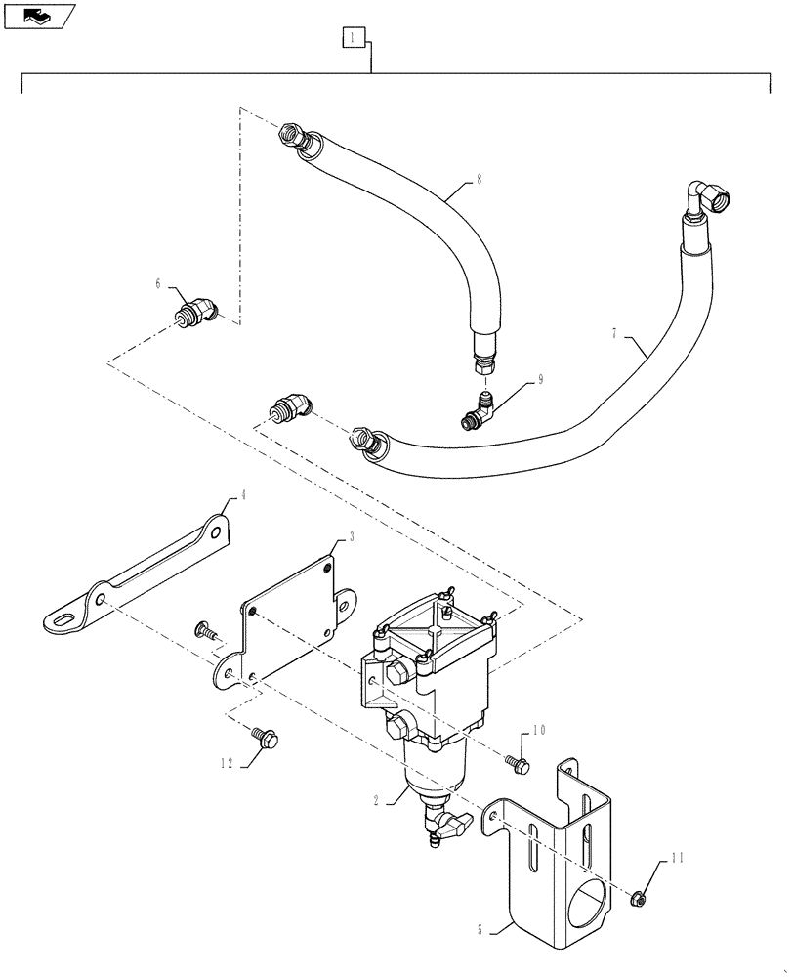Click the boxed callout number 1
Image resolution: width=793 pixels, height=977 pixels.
click(353, 38)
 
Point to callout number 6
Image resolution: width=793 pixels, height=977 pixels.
click(157, 283)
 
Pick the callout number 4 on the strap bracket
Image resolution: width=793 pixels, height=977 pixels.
click(243, 495)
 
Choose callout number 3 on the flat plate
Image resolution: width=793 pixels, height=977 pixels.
click(339, 538)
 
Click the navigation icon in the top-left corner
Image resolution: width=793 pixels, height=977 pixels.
click(38, 15)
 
